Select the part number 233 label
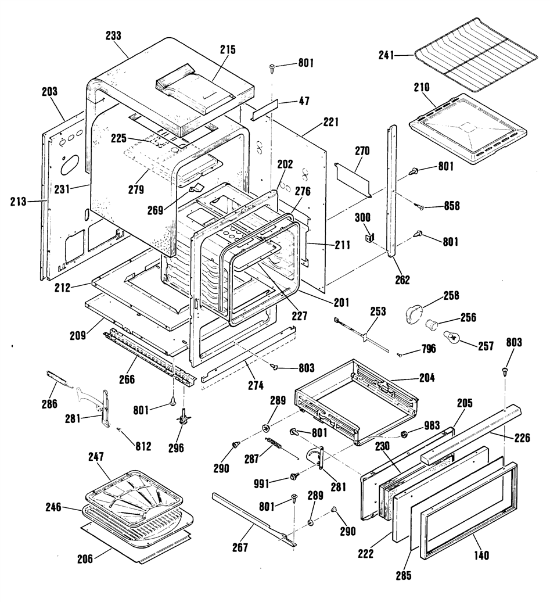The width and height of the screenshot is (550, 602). point(113,35)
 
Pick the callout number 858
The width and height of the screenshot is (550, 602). point(451,206)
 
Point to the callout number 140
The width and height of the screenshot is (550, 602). point(481,555)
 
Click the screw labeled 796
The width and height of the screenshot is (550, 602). point(400,354)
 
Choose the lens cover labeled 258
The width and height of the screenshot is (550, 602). point(413,311)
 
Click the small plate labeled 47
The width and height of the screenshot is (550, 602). point(264,109)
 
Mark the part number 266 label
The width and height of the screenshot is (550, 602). point(127,379)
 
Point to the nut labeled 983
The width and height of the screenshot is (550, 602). point(404,434)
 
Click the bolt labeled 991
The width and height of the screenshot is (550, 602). point(294,476)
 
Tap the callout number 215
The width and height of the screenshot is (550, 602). point(228,49)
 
